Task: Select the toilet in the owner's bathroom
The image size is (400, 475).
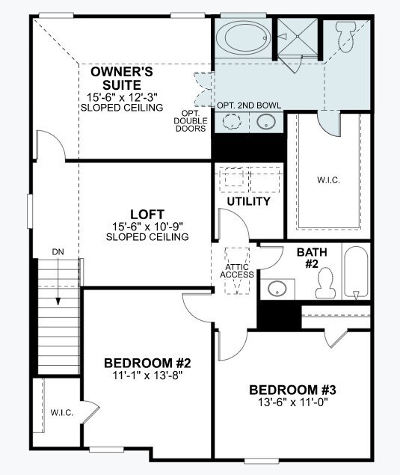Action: point(345,37)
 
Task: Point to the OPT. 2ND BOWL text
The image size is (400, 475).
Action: point(249,105)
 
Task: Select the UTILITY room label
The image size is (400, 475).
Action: point(247,202)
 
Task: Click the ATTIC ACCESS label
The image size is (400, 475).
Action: point(237,270)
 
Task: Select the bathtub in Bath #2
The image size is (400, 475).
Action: point(356,273)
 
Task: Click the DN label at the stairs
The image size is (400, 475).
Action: point(58,252)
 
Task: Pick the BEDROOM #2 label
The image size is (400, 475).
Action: point(147,364)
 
